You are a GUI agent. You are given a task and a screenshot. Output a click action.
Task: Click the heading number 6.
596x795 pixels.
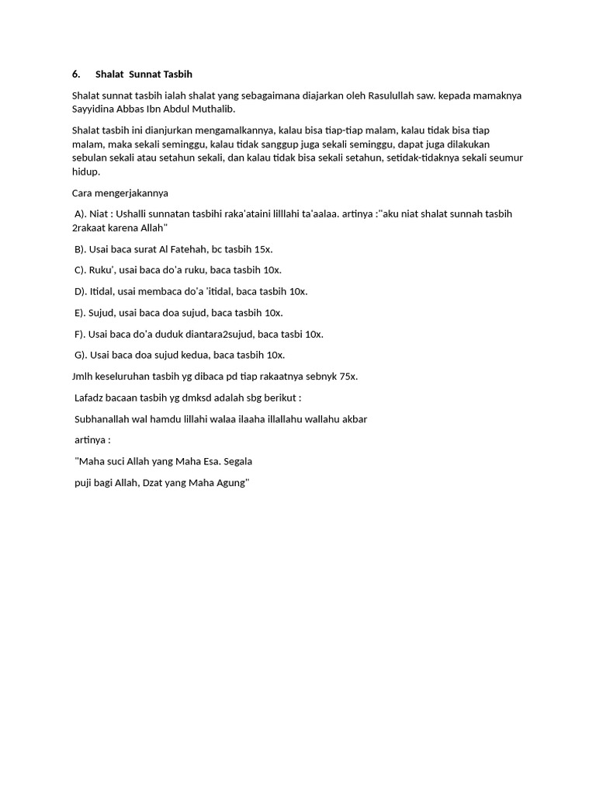[x=76, y=75]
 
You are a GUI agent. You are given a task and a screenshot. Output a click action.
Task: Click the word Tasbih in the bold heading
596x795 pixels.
[x=178, y=75]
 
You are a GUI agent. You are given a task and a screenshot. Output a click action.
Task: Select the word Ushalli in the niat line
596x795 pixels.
[x=132, y=214]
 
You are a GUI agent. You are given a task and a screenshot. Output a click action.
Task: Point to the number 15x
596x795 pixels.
[x=263, y=250]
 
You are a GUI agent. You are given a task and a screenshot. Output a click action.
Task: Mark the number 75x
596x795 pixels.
[x=348, y=377]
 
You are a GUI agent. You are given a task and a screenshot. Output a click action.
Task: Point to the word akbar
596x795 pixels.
[x=354, y=419]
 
